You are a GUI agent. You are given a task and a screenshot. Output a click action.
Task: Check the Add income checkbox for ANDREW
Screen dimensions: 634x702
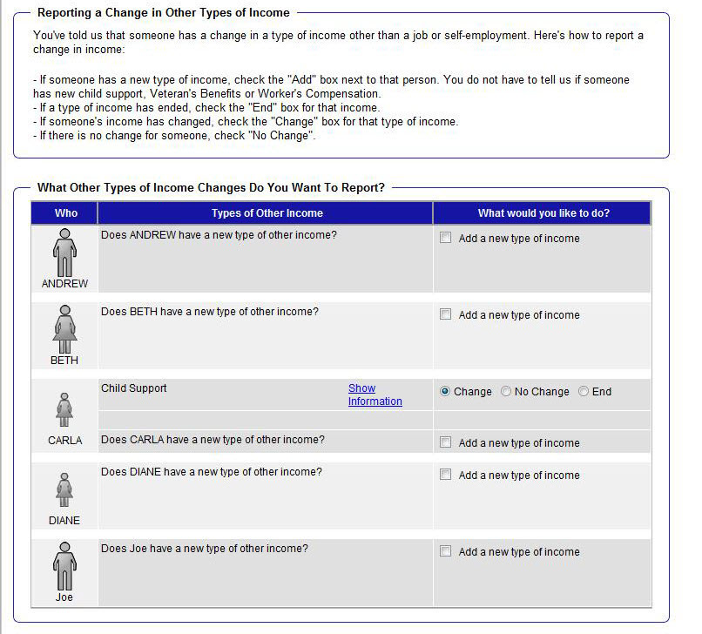(x=446, y=238)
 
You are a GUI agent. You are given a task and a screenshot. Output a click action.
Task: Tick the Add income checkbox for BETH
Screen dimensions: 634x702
(x=446, y=314)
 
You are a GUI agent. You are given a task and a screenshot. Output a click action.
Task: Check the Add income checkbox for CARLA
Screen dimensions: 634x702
(x=446, y=442)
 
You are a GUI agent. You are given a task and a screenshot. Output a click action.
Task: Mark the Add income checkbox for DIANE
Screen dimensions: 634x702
(x=446, y=475)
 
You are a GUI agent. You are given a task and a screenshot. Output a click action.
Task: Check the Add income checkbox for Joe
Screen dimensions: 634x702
(x=446, y=551)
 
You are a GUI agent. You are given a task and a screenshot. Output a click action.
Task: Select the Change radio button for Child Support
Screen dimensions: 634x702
(x=445, y=392)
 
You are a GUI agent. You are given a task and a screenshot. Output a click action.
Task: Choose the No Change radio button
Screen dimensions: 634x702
(x=506, y=392)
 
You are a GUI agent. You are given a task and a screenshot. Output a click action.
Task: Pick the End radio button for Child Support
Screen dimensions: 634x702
(x=584, y=392)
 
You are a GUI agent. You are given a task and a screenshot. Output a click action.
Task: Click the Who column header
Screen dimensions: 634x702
(x=65, y=213)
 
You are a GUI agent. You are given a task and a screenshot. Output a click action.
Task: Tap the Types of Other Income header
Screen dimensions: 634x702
(x=267, y=213)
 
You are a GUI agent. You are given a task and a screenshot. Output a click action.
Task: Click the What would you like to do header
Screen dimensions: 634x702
(x=543, y=213)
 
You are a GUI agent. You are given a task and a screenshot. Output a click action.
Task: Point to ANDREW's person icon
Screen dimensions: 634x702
(x=64, y=253)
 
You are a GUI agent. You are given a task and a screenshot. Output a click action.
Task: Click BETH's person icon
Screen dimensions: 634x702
(x=64, y=329)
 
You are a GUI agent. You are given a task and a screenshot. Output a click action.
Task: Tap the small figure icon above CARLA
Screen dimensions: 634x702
(x=64, y=408)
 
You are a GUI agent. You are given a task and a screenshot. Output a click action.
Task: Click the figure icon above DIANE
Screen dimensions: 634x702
(x=64, y=489)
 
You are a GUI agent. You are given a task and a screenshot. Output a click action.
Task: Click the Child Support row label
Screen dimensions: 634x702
(x=134, y=388)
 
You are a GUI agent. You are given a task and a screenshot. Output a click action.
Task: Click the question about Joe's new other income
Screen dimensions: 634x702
(x=204, y=549)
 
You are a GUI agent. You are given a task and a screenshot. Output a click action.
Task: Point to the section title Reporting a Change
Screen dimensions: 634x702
(x=164, y=13)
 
